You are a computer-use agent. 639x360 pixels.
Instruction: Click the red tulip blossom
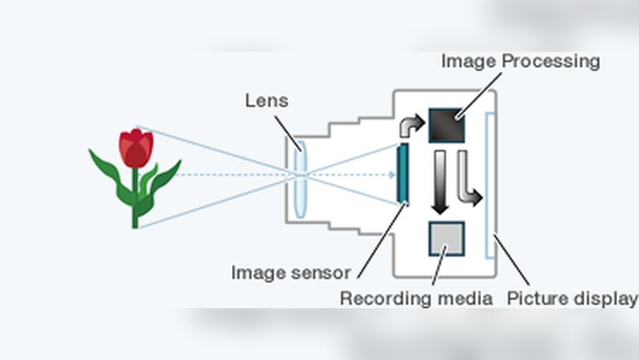[136, 147]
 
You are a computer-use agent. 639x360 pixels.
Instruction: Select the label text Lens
[266, 100]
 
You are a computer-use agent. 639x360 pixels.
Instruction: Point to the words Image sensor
[291, 273]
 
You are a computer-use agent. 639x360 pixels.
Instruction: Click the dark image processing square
[446, 124]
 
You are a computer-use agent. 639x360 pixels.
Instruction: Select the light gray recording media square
[447, 238]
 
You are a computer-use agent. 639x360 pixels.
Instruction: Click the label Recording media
[416, 299]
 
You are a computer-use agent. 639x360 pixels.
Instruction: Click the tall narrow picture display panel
[490, 185]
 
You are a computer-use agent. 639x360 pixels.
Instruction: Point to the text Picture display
[572, 299]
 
